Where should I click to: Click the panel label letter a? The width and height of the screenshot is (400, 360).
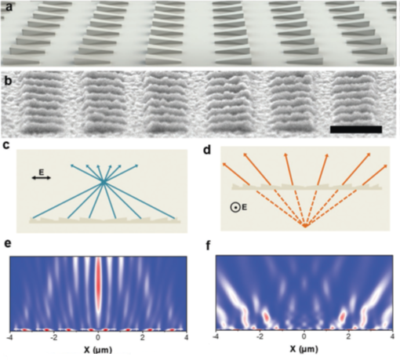(9, 7)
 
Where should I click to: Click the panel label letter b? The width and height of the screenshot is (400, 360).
(9, 81)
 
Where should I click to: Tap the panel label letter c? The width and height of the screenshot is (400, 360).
(5, 145)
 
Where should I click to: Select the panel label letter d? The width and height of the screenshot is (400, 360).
(207, 150)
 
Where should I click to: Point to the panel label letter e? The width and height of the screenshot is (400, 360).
(8, 243)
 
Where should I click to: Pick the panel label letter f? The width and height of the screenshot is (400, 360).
(209, 245)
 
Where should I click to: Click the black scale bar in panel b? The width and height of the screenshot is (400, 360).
(356, 129)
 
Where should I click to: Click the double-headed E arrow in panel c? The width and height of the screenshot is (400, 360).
(42, 178)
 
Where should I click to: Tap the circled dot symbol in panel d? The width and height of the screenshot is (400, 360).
(235, 208)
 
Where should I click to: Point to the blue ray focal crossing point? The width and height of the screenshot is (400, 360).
(104, 182)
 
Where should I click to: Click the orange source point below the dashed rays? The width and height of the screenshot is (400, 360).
(305, 225)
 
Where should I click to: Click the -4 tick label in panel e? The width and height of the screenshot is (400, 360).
(10, 337)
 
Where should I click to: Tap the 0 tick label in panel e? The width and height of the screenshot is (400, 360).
(98, 337)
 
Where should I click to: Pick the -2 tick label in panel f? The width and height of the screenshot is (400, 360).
(260, 336)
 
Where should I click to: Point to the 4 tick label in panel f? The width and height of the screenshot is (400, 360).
(393, 336)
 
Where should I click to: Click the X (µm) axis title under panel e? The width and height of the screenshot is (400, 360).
(98, 350)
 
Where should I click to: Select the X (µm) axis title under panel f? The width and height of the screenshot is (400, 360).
(304, 349)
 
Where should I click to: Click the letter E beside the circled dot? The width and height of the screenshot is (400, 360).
(244, 207)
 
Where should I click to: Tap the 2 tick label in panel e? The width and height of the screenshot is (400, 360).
(143, 337)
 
